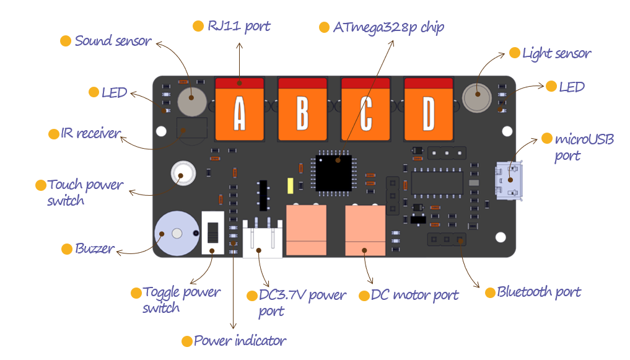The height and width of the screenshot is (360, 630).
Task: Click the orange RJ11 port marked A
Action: click(239, 108)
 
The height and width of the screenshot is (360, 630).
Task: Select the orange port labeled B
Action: click(302, 108)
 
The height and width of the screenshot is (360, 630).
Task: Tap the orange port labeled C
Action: click(365, 108)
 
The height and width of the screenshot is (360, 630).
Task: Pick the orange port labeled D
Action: click(429, 108)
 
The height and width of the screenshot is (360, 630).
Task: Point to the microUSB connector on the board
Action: click(508, 180)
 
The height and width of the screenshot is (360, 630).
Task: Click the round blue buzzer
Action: click(175, 234)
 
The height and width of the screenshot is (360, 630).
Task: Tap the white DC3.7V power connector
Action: click(262, 239)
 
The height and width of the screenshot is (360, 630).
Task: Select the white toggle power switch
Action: click(212, 232)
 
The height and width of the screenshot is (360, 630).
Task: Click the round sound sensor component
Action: click(191, 101)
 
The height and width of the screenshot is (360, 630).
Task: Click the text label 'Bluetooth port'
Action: click(539, 292)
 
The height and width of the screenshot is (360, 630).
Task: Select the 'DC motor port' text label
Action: click(414, 296)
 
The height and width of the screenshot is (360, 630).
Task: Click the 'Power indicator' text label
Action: click(240, 341)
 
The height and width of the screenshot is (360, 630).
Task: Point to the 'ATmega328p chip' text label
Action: click(388, 27)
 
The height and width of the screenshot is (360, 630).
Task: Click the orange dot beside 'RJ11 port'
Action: click(198, 26)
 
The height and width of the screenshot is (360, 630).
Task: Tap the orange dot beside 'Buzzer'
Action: click(67, 249)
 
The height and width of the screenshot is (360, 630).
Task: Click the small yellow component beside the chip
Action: click(289, 185)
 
